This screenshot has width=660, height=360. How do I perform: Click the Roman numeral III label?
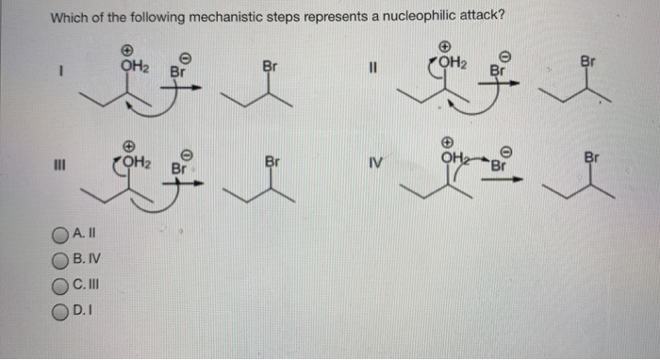pos(60,170)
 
